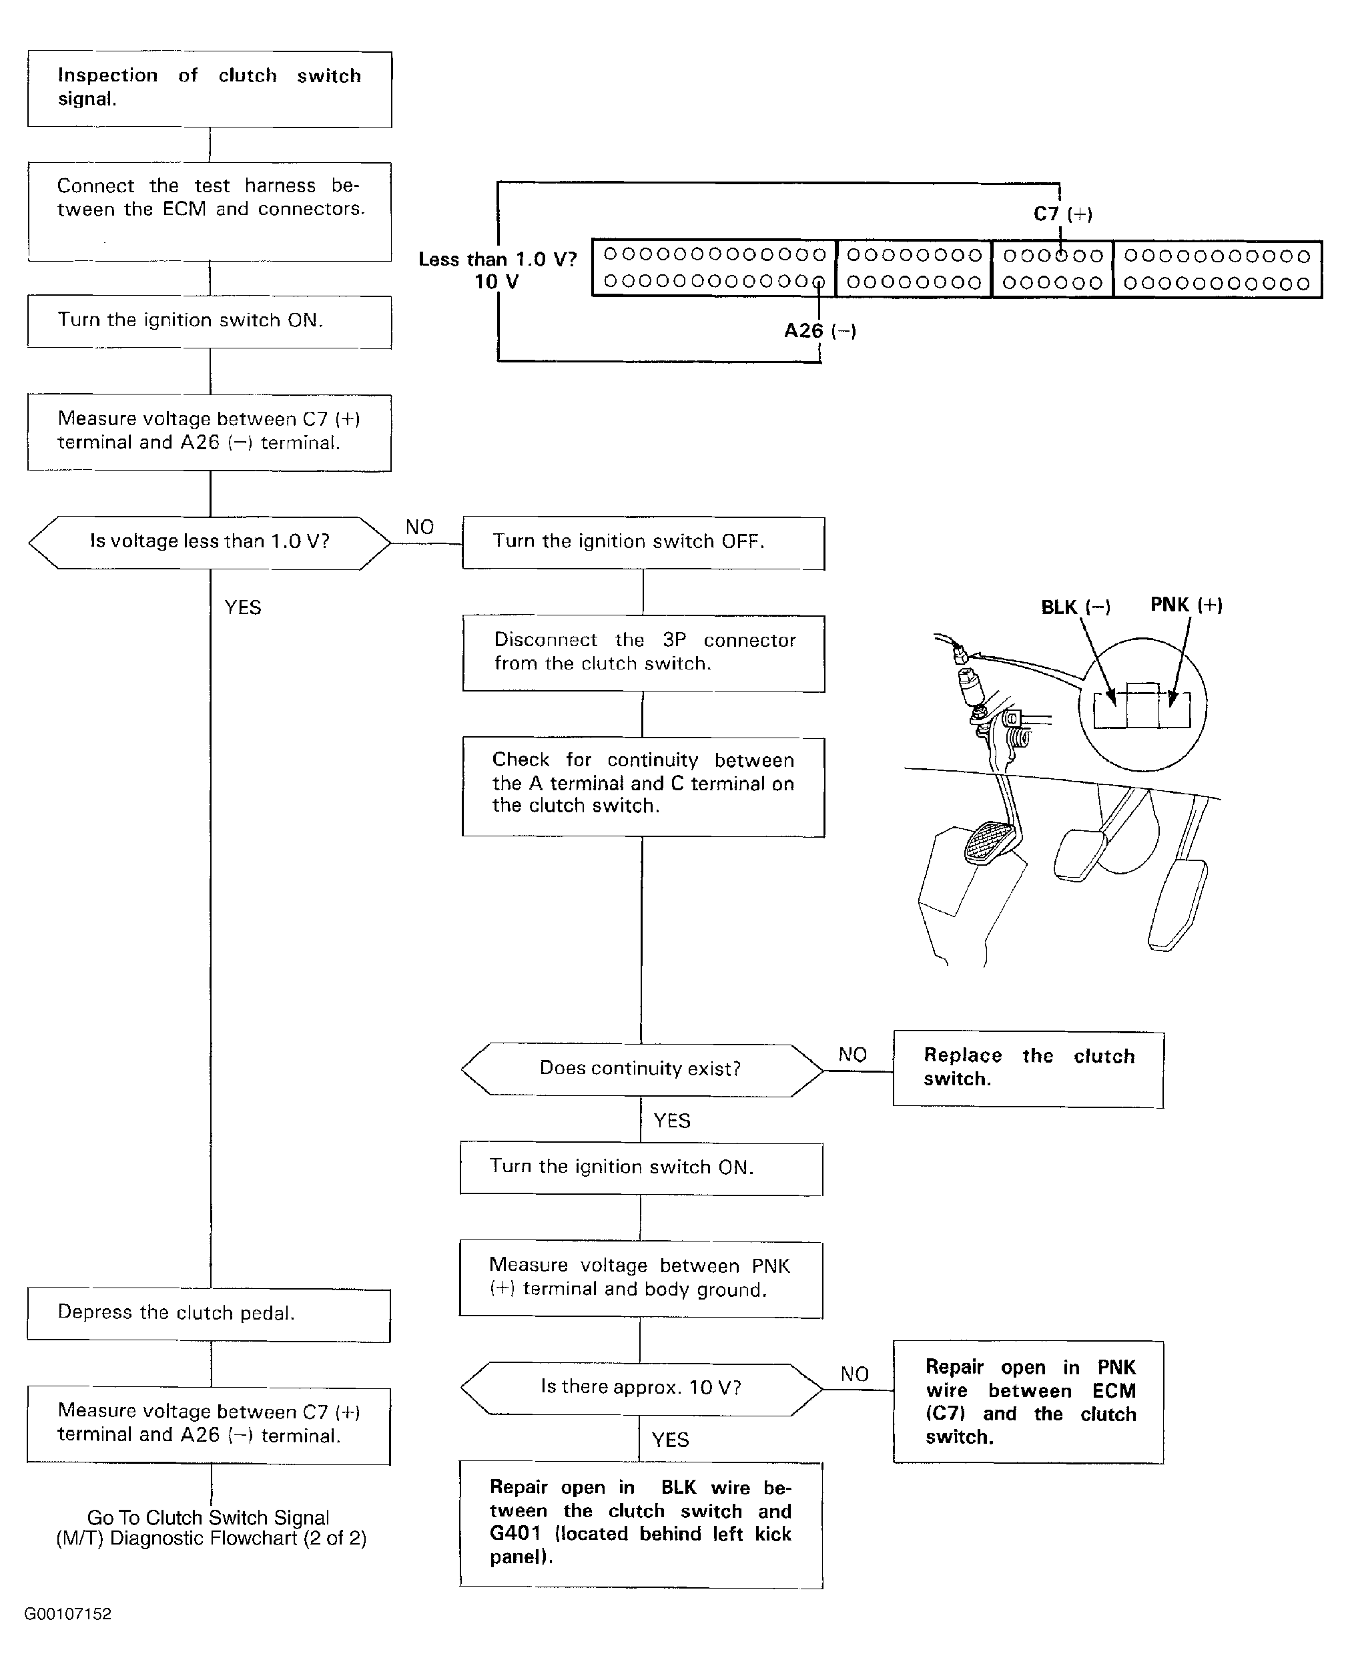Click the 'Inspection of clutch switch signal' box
pyautogui.click(x=210, y=89)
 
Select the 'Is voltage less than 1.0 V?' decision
pyautogui.click(x=210, y=541)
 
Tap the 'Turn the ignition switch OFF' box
pyautogui.click(x=643, y=542)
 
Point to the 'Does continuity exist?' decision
pyautogui.click(x=641, y=1069)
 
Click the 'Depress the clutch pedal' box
pyautogui.click(x=209, y=1314)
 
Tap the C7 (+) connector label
pyautogui.click(x=1062, y=214)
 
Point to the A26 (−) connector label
pyautogui.click(x=819, y=331)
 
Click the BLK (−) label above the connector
pyautogui.click(x=1076, y=607)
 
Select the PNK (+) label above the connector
pyautogui.click(x=1186, y=604)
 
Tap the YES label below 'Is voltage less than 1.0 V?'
pyautogui.click(x=242, y=607)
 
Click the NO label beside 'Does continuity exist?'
pyautogui.click(x=852, y=1055)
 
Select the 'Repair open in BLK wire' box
pyautogui.click(x=641, y=1523)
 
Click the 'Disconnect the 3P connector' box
pyautogui.click(x=643, y=653)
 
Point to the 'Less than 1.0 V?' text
pyautogui.click(x=497, y=260)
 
